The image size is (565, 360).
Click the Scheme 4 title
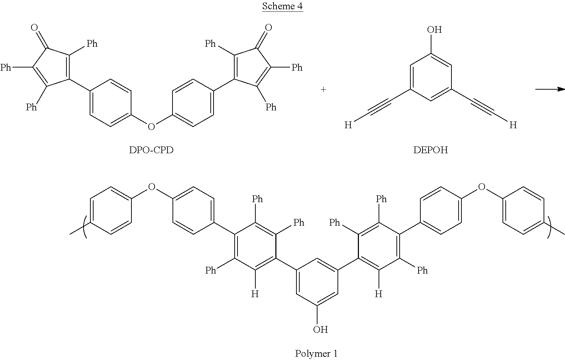(x=282, y=6)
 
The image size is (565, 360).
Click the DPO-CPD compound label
(x=151, y=150)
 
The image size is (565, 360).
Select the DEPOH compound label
(x=430, y=150)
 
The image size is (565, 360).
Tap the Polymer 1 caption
(x=316, y=354)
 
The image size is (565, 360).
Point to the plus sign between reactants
(x=323, y=90)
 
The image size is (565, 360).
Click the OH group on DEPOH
(x=434, y=29)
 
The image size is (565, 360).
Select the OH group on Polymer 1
(x=320, y=329)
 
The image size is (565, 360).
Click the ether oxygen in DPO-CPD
(x=151, y=126)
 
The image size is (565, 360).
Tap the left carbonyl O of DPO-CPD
(x=35, y=27)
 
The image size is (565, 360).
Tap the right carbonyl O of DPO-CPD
(x=268, y=27)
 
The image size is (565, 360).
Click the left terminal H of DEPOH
(x=348, y=125)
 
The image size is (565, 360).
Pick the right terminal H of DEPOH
(x=513, y=125)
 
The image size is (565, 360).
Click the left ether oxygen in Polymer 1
(x=151, y=186)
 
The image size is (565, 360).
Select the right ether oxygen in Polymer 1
(x=481, y=186)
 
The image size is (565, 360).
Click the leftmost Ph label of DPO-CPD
(x=6, y=67)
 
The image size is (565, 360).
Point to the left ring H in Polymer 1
(x=255, y=294)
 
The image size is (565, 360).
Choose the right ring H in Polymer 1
(x=379, y=294)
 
